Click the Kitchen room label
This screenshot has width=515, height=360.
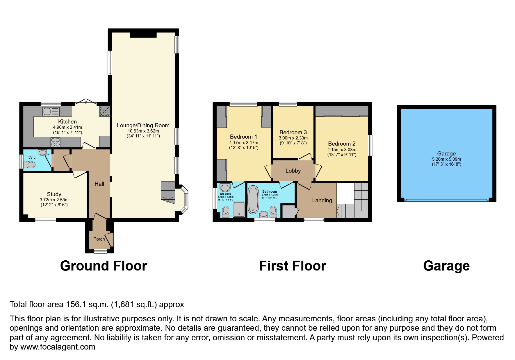pos(67,121)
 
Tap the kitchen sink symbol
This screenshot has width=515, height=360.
pos(51,111)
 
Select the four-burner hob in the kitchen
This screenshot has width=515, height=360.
pos(56,142)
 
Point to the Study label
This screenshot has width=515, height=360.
pos(54,194)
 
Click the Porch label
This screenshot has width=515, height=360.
pos(99,239)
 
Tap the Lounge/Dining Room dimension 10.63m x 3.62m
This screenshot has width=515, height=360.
pos(143,131)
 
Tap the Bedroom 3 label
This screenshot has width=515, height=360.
pos(293,132)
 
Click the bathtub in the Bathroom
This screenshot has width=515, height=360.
pos(253,200)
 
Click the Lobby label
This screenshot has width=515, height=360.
pos(293,171)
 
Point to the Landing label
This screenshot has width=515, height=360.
pos(322,200)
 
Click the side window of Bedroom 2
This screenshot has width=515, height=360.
pos(370,145)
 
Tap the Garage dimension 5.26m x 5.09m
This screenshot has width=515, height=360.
pos(446,159)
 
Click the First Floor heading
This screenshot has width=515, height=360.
pos(292,266)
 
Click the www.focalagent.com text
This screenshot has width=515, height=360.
pos(58,347)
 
